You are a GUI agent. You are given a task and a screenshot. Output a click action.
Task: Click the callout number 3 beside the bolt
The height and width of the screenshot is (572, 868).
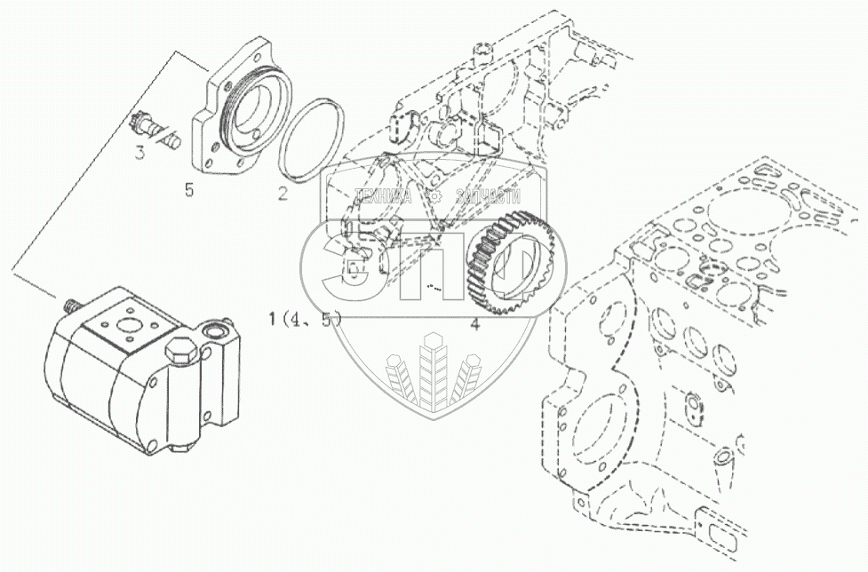pyautogui.click(x=139, y=154)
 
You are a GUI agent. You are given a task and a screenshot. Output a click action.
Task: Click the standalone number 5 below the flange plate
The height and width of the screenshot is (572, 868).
pyautogui.click(x=188, y=189)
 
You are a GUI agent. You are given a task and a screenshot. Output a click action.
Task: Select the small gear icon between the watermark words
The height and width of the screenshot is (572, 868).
pyautogui.click(x=434, y=197)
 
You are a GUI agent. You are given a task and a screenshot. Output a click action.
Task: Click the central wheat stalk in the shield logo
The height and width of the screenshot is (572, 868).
pyautogui.click(x=433, y=373)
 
